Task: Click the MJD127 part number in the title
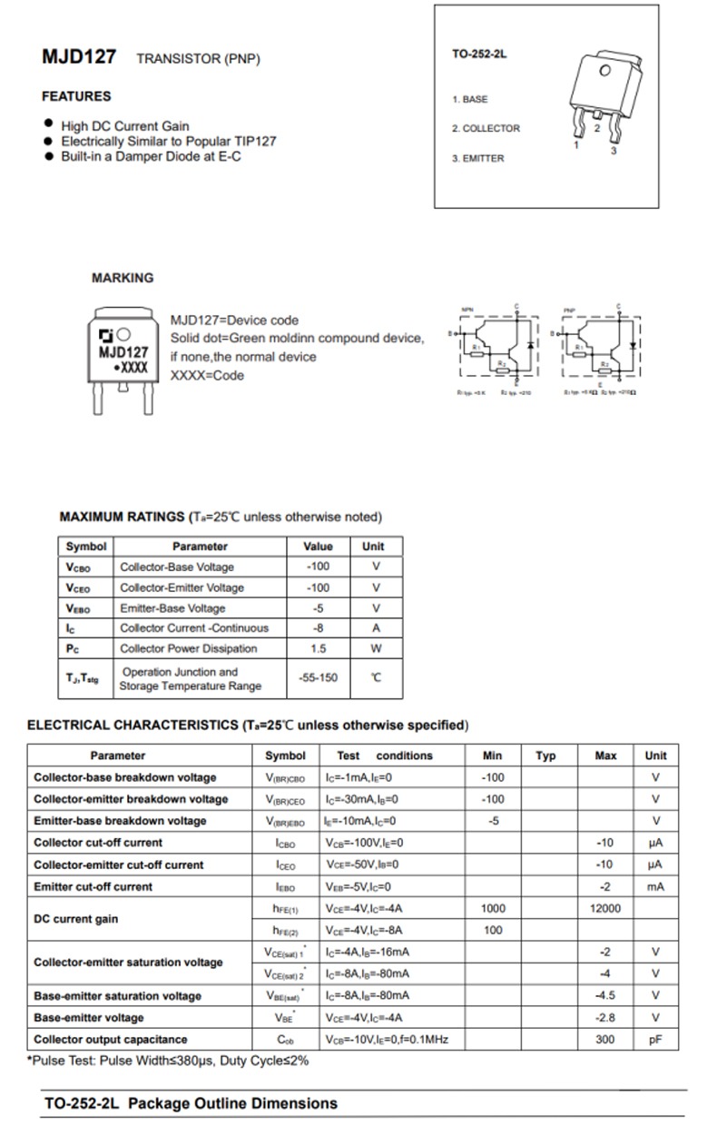pos(79,56)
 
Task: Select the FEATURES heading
pos(76,96)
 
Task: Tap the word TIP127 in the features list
pos(256,142)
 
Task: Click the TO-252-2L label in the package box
pos(479,54)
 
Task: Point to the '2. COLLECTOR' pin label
pos(486,129)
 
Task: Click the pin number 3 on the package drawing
pos(614,151)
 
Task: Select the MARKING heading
pos(123,278)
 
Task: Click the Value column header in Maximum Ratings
pos(318,547)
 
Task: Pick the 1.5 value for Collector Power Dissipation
pos(318,648)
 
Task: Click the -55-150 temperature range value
pos(318,678)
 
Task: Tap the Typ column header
pos(545,756)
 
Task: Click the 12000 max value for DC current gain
pos(605,908)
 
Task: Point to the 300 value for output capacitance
pos(605,1039)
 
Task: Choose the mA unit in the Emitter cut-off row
pos(655,886)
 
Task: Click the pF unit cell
pos(655,1039)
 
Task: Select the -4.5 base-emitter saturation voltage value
pos(605,995)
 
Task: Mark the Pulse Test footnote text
pos(168,1060)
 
